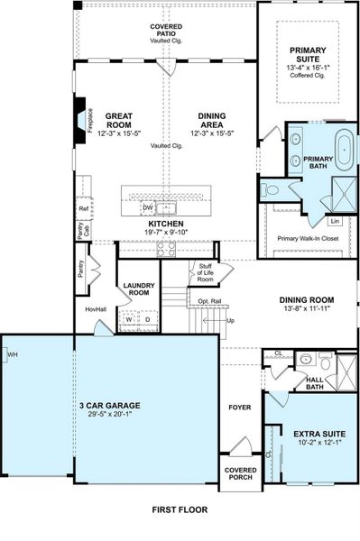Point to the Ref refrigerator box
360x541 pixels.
[x=83, y=208]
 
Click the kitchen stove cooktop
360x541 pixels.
[x=167, y=250]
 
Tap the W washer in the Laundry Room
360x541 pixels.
[x=129, y=318]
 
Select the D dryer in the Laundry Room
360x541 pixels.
[x=147, y=318]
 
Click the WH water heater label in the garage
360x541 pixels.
[x=12, y=355]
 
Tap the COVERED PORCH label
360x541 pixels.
[x=238, y=475]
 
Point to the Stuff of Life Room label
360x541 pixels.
[x=205, y=273]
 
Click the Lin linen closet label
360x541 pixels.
[x=334, y=220]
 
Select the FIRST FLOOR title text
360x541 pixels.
[x=179, y=510]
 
